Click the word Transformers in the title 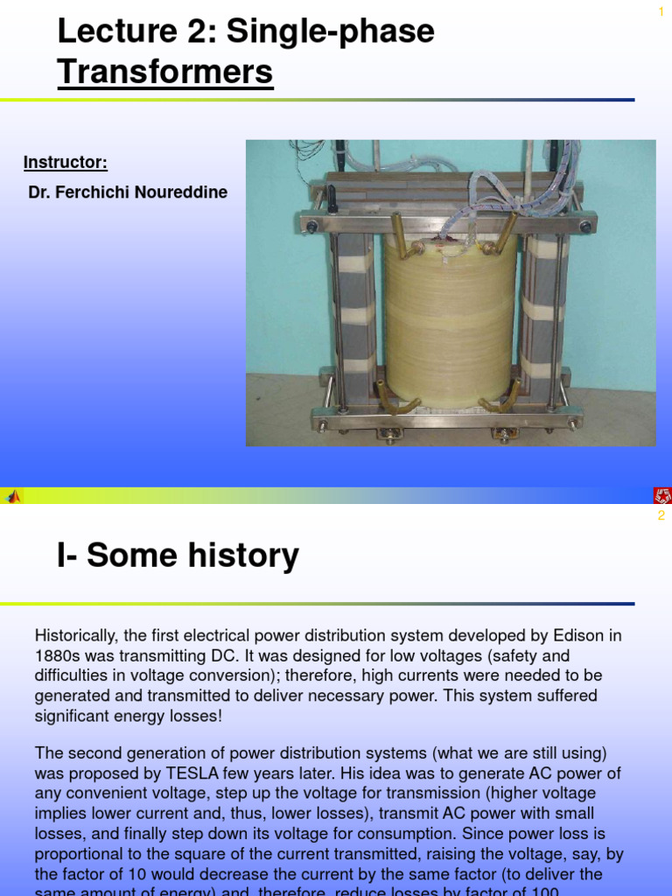pyautogui.click(x=165, y=72)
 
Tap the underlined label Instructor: pyautogui.click(x=66, y=163)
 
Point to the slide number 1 pyautogui.click(x=661, y=10)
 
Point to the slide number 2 pyautogui.click(x=661, y=515)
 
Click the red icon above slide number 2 pyautogui.click(x=661, y=496)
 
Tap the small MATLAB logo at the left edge pyautogui.click(x=13, y=496)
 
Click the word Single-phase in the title pyautogui.click(x=331, y=31)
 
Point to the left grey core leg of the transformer pyautogui.click(x=356, y=315)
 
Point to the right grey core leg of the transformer pyautogui.click(x=542, y=315)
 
